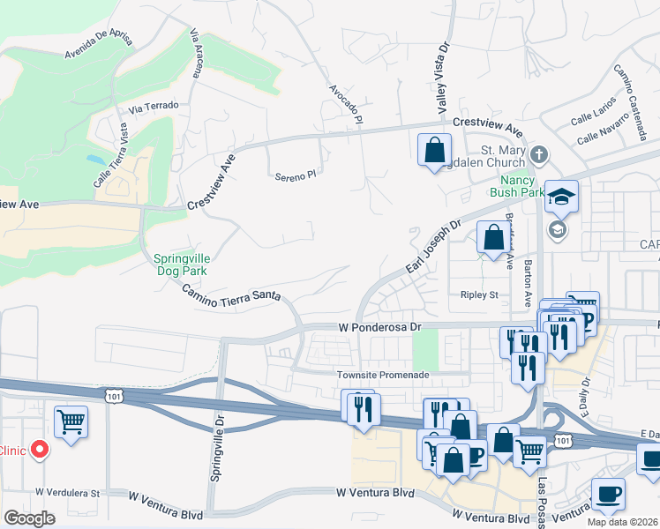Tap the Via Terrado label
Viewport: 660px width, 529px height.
pyautogui.click(x=154, y=106)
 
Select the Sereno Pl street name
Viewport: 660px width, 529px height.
pyautogui.click(x=295, y=175)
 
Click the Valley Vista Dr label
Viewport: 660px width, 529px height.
pyautogui.click(x=442, y=81)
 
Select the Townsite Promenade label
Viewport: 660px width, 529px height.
pyautogui.click(x=383, y=375)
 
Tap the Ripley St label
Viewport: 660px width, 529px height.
pyautogui.click(x=479, y=294)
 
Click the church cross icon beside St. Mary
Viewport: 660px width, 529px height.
pyautogui.click(x=539, y=156)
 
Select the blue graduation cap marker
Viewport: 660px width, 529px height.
pyautogui.click(x=560, y=197)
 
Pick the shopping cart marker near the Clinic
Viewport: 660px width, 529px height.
pyautogui.click(x=71, y=421)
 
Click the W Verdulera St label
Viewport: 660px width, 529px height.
pyautogui.click(x=68, y=493)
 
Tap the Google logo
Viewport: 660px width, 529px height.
pyautogui.click(x=29, y=518)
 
